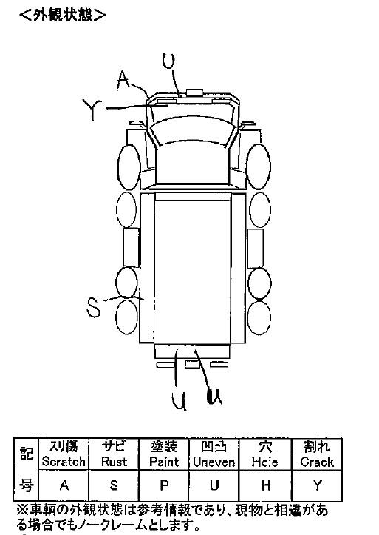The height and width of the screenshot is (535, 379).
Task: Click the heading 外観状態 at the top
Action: tap(63, 16)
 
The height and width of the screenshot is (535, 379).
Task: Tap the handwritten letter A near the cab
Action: tap(123, 81)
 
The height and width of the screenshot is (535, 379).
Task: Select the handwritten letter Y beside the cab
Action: tap(92, 110)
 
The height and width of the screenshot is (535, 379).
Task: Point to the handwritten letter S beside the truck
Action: tap(93, 307)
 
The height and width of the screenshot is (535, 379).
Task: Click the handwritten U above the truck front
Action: tap(168, 61)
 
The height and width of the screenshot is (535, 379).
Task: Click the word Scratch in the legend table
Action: tap(64, 462)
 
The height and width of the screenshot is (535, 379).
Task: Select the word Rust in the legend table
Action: tap(114, 462)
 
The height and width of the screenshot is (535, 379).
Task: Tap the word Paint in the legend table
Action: tap(164, 462)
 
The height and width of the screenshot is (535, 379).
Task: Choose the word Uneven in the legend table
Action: tap(214, 462)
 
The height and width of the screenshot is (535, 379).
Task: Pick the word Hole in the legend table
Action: tap(265, 462)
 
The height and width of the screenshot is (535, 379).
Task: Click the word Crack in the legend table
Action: tap(317, 462)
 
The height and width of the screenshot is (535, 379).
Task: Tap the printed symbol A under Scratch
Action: tap(64, 485)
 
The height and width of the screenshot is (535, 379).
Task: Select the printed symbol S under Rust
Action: tap(114, 485)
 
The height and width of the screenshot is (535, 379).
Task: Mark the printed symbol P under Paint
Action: tap(164, 485)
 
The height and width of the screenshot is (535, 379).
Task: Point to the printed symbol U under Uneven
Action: tap(214, 485)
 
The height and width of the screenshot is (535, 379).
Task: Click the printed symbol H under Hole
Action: tap(266, 485)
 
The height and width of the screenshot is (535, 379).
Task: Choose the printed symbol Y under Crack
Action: tap(318, 485)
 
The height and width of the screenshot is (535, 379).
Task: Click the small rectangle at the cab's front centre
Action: tap(194, 92)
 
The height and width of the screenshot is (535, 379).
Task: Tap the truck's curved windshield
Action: tap(193, 129)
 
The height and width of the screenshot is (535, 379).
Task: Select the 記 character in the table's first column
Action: tap(26, 453)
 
